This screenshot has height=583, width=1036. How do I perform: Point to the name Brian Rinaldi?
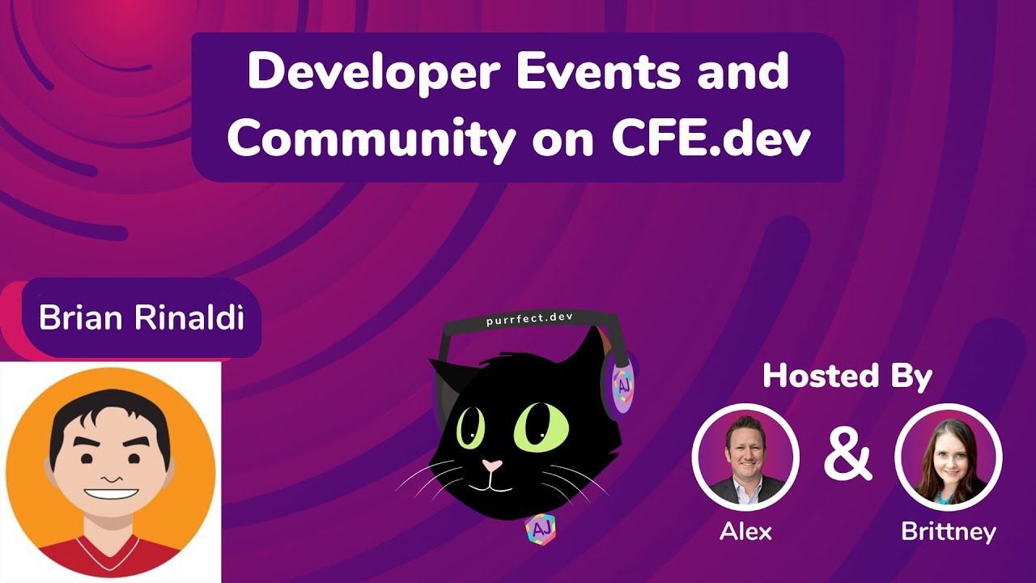[x=142, y=318]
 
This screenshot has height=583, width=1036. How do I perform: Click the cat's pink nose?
[x=491, y=466]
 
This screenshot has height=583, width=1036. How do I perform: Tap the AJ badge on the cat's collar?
[x=540, y=529]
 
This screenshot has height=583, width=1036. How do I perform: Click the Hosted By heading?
[x=847, y=377]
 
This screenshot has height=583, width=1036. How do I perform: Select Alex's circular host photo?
[x=745, y=457]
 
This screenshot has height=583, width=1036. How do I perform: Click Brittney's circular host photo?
[x=948, y=457]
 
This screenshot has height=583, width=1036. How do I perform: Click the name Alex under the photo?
[x=745, y=531]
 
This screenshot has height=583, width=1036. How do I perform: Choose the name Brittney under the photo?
[x=948, y=532]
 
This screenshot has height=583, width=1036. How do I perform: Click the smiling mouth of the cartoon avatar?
[x=111, y=493]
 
